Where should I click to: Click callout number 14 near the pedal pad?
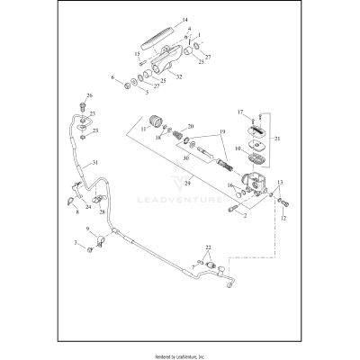click(185, 20)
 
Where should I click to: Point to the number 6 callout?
click(113, 78)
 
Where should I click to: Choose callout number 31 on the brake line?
click(94, 163)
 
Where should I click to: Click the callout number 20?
click(190, 127)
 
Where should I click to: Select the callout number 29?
click(188, 183)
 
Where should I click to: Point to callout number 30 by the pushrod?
click(185, 158)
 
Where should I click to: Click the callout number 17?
click(240, 112)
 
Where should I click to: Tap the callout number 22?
click(209, 247)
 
